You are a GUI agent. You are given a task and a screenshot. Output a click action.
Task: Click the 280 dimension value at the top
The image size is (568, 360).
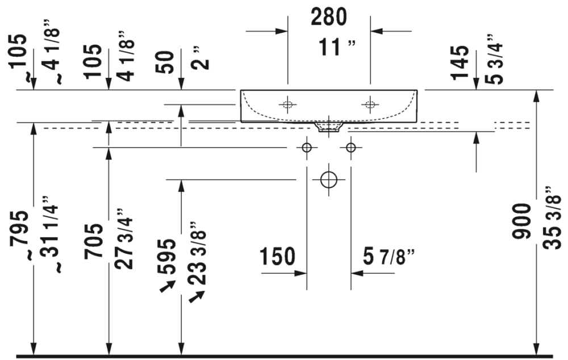click(x=328, y=16)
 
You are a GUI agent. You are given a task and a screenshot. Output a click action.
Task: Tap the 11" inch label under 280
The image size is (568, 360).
click(x=337, y=47)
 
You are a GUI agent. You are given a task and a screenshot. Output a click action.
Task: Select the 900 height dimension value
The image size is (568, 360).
click(x=521, y=221)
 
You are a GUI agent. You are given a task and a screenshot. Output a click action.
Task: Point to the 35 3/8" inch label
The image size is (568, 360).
click(x=552, y=218)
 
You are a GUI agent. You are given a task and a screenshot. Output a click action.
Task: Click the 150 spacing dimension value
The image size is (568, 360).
click(x=277, y=256)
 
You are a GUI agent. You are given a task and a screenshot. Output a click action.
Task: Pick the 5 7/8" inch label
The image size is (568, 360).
click(x=389, y=257)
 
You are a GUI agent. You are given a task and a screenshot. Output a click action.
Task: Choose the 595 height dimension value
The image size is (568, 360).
click(x=166, y=257)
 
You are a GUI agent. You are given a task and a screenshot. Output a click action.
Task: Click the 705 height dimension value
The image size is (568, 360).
click(x=93, y=241)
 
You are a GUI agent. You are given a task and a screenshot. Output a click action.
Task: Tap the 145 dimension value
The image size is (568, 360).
click(x=460, y=62)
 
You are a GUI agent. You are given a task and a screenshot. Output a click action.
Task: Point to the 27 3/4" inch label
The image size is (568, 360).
click(x=124, y=239)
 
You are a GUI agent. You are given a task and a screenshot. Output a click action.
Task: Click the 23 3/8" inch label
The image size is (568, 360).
click(x=197, y=253)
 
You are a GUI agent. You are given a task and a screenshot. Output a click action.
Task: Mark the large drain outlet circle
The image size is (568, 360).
click(x=329, y=179)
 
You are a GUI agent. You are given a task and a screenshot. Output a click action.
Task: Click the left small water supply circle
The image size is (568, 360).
click(x=307, y=148)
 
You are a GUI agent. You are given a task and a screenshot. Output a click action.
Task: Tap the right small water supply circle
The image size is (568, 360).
click(x=350, y=148)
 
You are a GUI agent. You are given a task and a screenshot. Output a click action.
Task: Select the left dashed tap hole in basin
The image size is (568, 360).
click(x=287, y=104)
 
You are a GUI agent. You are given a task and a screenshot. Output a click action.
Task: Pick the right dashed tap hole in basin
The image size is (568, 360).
click(x=370, y=104)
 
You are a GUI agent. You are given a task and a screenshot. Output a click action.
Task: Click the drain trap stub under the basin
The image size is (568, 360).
click(x=329, y=127)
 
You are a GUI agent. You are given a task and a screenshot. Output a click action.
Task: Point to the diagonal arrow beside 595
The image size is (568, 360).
click(x=167, y=287)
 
